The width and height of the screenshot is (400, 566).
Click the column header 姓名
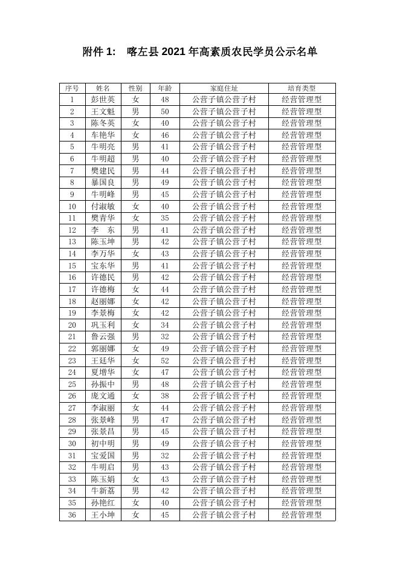pos(103,88)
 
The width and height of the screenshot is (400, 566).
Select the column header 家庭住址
pos(224,88)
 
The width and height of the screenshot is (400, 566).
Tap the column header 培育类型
pos(302,88)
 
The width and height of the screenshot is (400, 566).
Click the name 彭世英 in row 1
pos(103,100)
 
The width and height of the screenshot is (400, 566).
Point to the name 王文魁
pos(103,112)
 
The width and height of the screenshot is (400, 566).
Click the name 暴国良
pos(103,183)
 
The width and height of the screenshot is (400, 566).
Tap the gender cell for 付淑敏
pos(135,206)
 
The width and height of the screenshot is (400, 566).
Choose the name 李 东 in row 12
pos(103,230)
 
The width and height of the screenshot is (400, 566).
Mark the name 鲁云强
pos(103,337)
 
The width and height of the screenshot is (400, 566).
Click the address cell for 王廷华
pos(224,360)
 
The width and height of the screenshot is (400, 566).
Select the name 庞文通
pos(103,396)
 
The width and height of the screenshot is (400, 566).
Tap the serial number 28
pos(72,420)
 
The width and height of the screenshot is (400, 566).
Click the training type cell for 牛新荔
pos(302,491)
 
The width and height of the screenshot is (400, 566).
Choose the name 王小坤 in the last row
pos(103,515)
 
